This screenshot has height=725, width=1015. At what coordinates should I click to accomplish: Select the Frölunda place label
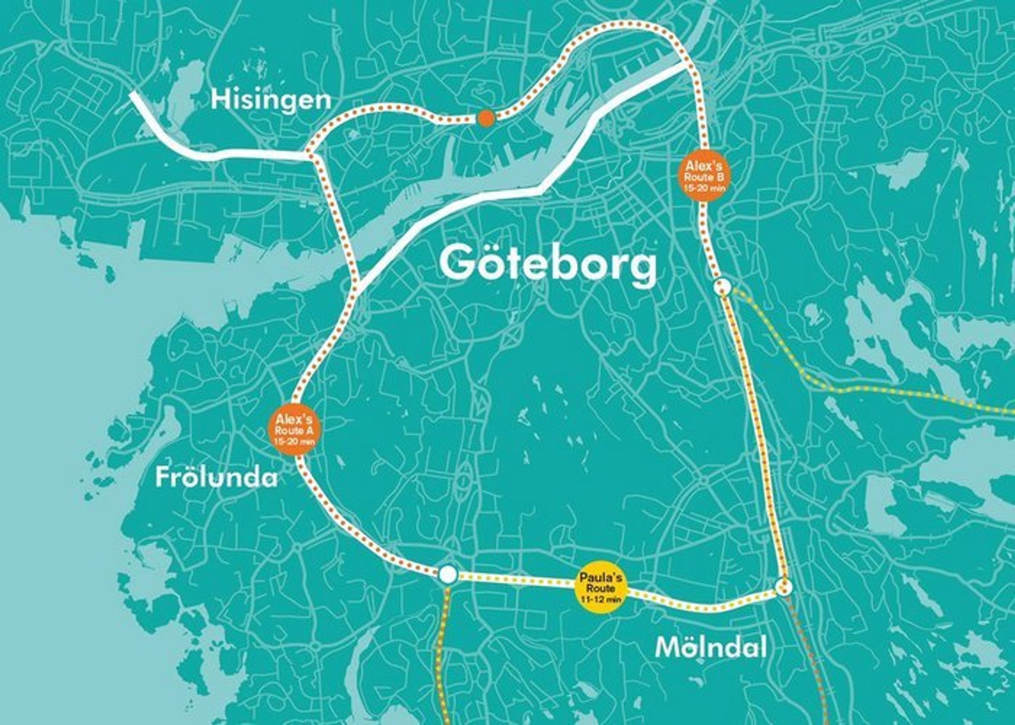[216, 478]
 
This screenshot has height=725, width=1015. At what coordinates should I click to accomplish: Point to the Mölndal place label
[711, 648]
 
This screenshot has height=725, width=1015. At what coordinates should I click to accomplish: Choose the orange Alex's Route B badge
[704, 177]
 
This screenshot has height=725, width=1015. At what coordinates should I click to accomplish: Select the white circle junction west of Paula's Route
[448, 574]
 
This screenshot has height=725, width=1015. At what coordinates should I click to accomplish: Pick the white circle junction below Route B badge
[722, 287]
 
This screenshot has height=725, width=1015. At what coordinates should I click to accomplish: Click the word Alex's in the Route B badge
[704, 166]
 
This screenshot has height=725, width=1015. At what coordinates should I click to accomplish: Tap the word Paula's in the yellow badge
[600, 578]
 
